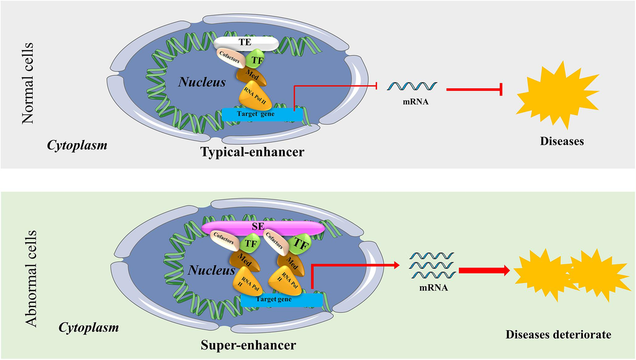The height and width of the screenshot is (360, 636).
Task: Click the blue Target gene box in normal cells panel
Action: coord(262,113)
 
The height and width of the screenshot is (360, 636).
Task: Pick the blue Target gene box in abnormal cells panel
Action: coord(281,300)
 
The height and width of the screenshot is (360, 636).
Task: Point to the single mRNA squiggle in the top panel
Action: coord(412,86)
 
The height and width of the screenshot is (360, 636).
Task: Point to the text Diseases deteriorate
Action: coord(559,335)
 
